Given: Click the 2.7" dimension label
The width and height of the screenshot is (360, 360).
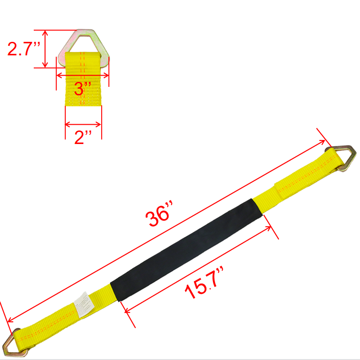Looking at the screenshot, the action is tap(24, 49).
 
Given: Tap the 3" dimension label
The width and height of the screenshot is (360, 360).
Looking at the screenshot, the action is tap(82, 88).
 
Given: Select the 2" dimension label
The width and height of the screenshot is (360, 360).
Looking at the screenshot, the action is tap(83, 137).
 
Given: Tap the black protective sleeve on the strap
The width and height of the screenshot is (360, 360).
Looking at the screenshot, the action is tap(186, 250).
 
